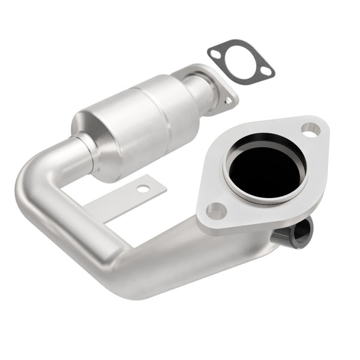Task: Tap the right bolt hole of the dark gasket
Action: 264,73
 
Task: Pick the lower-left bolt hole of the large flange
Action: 215,211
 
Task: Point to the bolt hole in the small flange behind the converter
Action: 228,101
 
